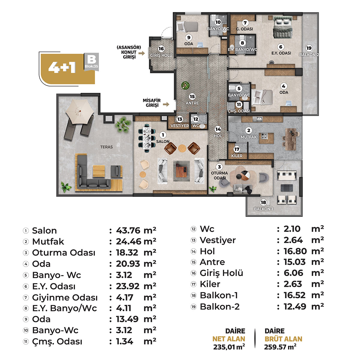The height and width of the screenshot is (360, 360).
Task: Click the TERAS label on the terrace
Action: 106,147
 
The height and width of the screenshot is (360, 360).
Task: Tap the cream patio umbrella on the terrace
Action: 80,111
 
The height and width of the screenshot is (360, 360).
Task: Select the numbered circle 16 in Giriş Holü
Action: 161,49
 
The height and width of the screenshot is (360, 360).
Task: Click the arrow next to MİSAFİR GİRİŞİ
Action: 166,104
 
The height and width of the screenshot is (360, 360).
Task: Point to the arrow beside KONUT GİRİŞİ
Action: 142,53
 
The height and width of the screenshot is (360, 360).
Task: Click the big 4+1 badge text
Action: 62,67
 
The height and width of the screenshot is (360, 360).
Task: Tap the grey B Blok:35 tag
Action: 91,62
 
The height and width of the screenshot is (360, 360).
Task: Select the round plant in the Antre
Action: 185,85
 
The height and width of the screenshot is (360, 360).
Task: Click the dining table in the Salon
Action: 147,138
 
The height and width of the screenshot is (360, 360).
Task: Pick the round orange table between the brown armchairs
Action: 182,148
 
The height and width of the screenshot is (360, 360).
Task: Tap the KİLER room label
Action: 237,156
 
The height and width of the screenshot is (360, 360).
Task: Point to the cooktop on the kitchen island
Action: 264,136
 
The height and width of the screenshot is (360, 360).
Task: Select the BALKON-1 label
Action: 263,209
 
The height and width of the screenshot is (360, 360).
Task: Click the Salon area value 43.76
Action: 128,230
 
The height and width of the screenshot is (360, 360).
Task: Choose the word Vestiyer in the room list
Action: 217,240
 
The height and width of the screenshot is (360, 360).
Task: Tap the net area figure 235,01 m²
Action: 229,347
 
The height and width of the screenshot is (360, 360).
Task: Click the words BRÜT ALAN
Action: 283,339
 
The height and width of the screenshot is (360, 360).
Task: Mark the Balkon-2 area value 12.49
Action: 295,307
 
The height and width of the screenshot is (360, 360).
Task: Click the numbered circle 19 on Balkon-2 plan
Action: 309,48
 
